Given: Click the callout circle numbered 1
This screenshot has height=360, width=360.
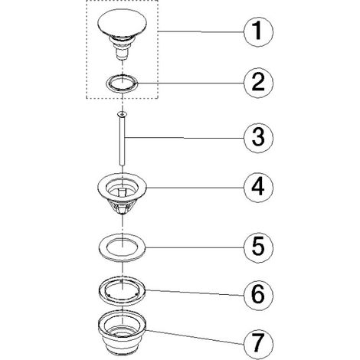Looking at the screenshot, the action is pos(258,31).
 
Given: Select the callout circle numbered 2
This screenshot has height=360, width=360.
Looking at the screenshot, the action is pos(258,83).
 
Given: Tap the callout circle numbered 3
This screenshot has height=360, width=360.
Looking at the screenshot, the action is pos(258,138).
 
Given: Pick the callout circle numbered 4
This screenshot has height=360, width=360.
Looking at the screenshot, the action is pos(258,188).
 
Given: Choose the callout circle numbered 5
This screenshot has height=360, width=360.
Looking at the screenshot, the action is pos(258,247).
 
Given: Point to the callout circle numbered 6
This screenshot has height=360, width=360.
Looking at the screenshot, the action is pos(258,295).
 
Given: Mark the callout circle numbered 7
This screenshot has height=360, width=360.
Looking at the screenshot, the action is pos(258,343).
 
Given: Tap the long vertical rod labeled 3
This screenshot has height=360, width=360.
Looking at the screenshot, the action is pos(122,141).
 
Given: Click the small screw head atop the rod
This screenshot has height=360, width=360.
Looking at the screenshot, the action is pos(122,113).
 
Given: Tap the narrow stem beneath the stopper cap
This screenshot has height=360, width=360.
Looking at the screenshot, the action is pos(121,54).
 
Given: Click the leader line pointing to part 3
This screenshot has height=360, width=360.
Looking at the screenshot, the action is pos(185,138).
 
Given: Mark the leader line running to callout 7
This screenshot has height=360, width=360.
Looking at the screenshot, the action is pos(194,337).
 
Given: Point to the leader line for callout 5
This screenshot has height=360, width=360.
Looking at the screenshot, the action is pos(195,247).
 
